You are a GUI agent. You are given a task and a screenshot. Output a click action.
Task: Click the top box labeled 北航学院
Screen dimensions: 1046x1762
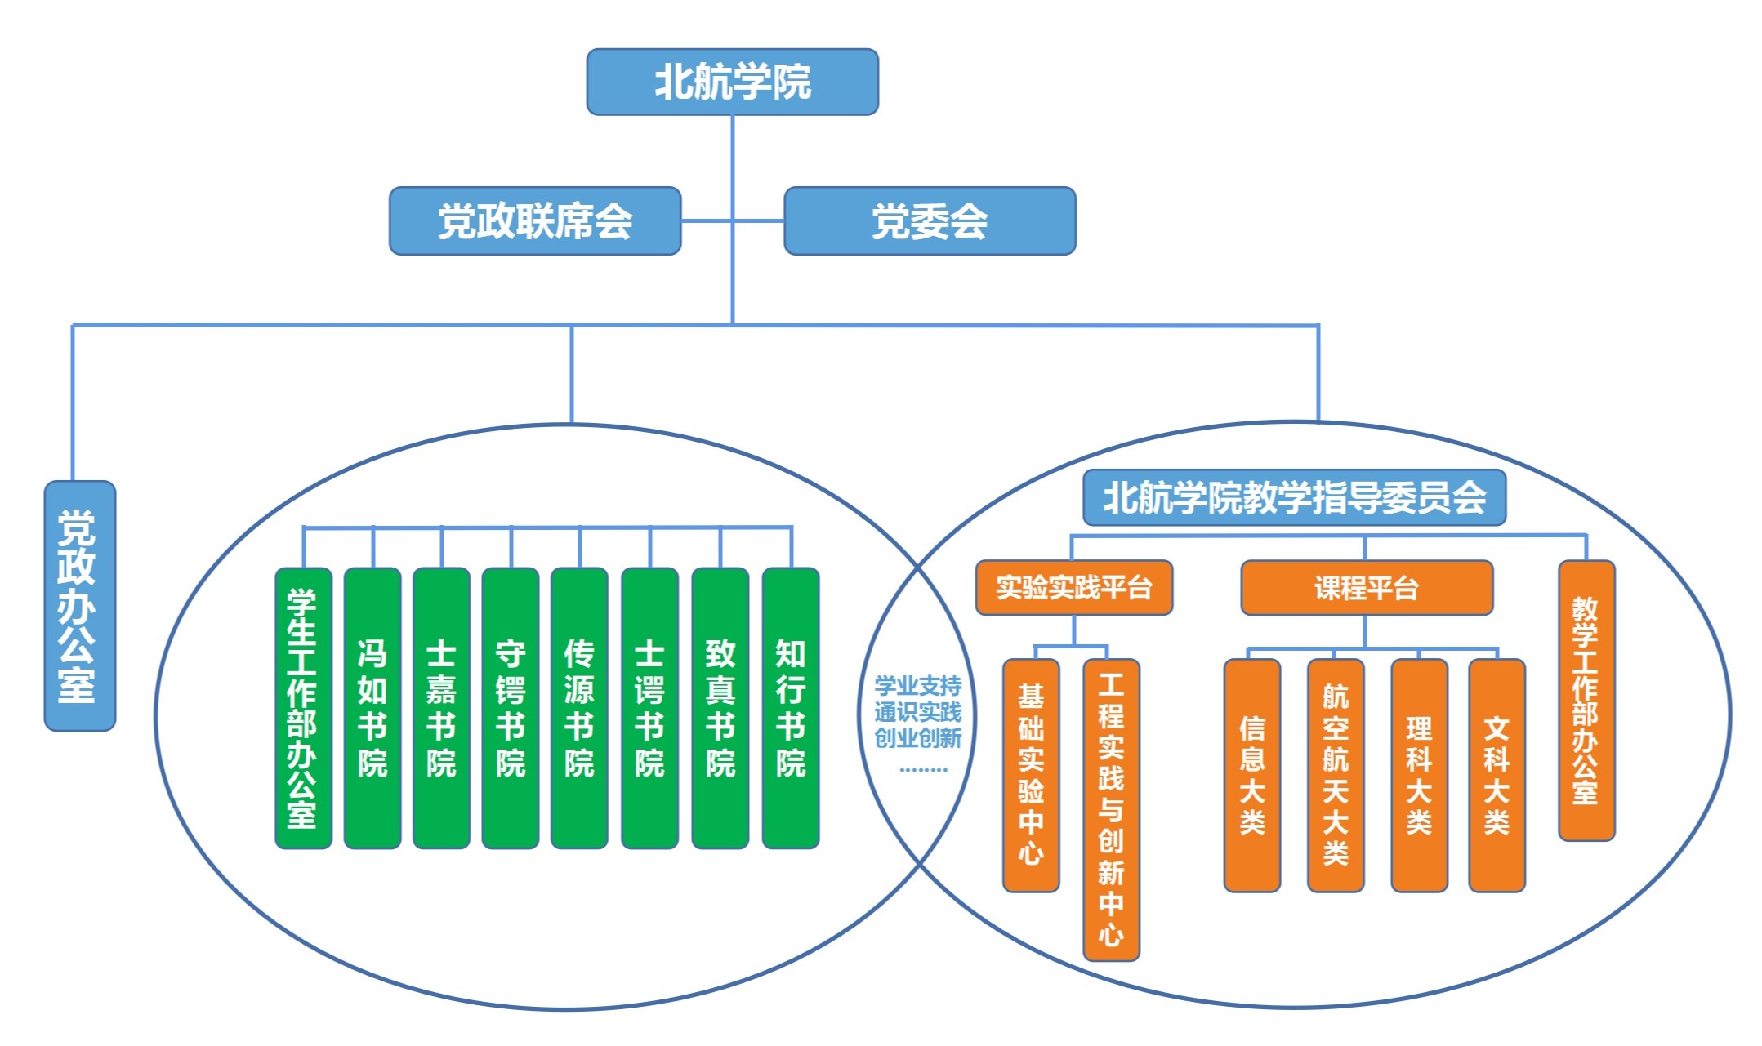(732, 82)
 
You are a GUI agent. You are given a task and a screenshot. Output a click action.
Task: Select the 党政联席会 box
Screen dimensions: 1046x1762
(535, 221)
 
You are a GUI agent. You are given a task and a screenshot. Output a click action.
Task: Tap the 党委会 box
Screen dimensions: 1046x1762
(930, 221)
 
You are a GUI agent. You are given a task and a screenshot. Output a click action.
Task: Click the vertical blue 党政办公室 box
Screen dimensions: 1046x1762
(79, 605)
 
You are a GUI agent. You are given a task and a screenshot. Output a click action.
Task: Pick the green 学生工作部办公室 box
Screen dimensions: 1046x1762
(303, 708)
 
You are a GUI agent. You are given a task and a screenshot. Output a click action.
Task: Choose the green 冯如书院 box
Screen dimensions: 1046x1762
(372, 708)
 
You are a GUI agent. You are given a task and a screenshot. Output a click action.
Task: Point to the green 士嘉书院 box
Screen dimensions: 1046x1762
(441, 708)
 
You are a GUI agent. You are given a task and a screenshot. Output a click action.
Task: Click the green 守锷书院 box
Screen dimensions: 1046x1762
(511, 708)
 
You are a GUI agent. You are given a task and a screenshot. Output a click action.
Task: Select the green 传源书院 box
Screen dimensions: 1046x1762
(579, 708)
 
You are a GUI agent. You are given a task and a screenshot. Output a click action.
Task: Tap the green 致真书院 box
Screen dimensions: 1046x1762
(720, 708)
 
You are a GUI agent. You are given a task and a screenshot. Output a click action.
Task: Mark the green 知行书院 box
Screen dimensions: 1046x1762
(790, 708)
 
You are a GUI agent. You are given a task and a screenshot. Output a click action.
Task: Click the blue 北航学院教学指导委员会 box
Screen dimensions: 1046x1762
(1294, 497)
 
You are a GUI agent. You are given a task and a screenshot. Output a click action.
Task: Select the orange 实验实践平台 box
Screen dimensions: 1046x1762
(1073, 587)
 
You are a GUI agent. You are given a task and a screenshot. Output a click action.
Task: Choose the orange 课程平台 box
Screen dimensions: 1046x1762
(1366, 587)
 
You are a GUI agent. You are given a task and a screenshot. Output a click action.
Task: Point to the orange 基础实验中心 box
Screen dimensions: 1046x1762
(1031, 775)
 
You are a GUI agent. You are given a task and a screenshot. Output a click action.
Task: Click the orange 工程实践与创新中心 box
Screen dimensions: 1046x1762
(1111, 809)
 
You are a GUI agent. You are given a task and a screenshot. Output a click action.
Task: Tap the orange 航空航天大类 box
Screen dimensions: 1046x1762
(1335, 775)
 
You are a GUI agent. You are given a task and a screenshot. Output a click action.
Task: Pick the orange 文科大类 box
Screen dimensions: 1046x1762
(1496, 775)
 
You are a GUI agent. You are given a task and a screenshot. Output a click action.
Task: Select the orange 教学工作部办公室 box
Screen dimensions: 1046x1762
(1586, 700)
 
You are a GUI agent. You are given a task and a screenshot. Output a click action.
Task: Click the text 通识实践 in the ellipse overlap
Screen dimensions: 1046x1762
(917, 712)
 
